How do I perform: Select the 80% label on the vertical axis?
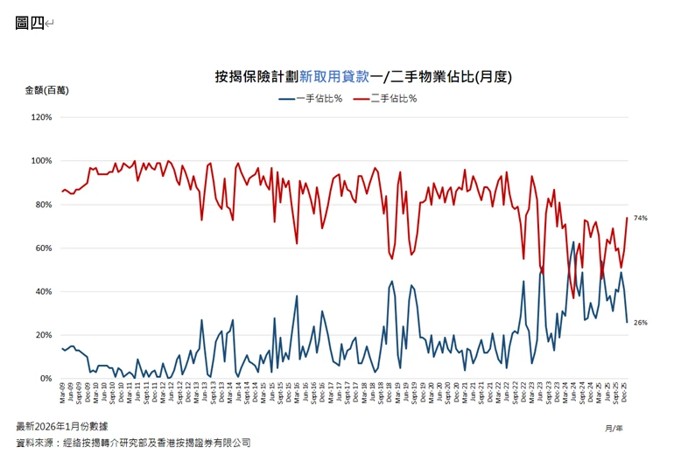click(x=43, y=205)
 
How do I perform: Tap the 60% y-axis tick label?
click(x=43, y=248)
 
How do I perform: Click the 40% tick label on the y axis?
click(x=43, y=291)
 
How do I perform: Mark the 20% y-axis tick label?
click(x=43, y=335)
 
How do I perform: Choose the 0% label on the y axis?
click(x=46, y=379)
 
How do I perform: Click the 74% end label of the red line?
click(x=640, y=218)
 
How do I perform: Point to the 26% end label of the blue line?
click(x=640, y=323)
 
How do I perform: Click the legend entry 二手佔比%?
click(x=393, y=98)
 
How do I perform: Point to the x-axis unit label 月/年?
click(x=614, y=428)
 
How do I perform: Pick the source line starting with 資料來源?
click(x=133, y=443)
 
